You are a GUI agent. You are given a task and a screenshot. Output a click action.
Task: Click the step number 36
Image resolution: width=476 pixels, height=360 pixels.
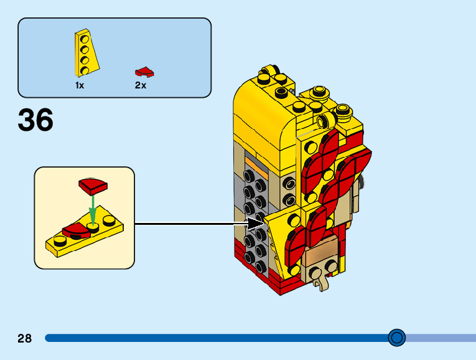[x=35, y=120]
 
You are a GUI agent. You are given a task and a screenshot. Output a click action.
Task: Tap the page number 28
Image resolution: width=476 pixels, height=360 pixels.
[x=24, y=338]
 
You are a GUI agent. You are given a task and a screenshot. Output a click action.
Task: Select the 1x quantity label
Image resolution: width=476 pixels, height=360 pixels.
[x=80, y=85]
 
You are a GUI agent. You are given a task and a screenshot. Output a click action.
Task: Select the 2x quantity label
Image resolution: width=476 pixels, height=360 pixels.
[x=141, y=85]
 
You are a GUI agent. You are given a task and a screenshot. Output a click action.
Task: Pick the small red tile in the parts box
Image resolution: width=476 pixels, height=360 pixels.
[x=144, y=72]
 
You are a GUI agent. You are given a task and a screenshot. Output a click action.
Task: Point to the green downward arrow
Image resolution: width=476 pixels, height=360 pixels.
[x=92, y=206]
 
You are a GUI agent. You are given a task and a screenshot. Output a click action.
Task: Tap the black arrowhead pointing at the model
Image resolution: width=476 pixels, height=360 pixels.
[x=256, y=222]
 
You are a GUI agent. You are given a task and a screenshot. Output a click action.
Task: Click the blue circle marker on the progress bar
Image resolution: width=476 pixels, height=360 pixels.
[x=396, y=338]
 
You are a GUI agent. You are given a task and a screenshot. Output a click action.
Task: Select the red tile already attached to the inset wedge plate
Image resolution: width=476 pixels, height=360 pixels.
[x=74, y=231]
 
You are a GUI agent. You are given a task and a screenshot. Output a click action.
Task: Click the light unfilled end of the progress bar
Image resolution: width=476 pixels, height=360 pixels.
[x=442, y=338]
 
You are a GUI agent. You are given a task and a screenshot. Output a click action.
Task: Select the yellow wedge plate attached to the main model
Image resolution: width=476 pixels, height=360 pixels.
[x=280, y=240]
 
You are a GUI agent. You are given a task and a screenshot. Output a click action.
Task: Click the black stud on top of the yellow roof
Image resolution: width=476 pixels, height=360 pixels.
[x=264, y=79]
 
